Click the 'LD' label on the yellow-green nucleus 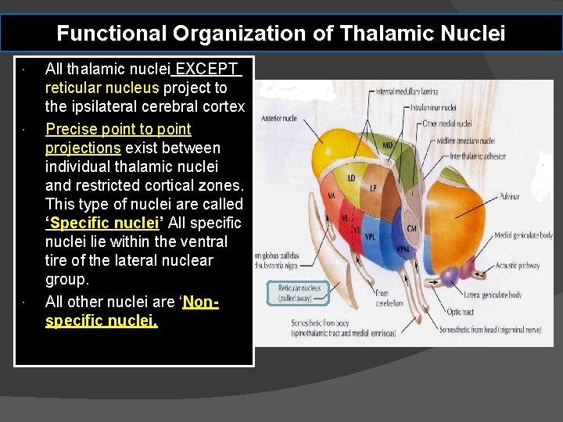pos(351,178)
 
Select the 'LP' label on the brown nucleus pos(373,188)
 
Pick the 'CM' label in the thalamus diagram pos(411,228)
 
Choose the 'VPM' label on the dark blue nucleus pos(402,250)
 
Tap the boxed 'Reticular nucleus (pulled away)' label pos(299,292)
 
